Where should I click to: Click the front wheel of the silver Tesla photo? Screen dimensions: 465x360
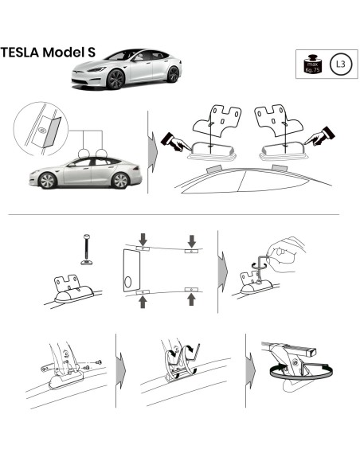coord(117,80)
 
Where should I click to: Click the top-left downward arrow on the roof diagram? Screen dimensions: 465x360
coord(141,238)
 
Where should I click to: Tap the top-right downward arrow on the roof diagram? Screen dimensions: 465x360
coord(192,239)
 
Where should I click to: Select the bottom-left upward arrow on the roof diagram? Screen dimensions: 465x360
coord(141,300)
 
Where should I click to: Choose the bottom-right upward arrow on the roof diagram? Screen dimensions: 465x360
coord(192,299)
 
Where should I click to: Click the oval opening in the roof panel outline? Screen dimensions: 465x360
coord(131,283)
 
